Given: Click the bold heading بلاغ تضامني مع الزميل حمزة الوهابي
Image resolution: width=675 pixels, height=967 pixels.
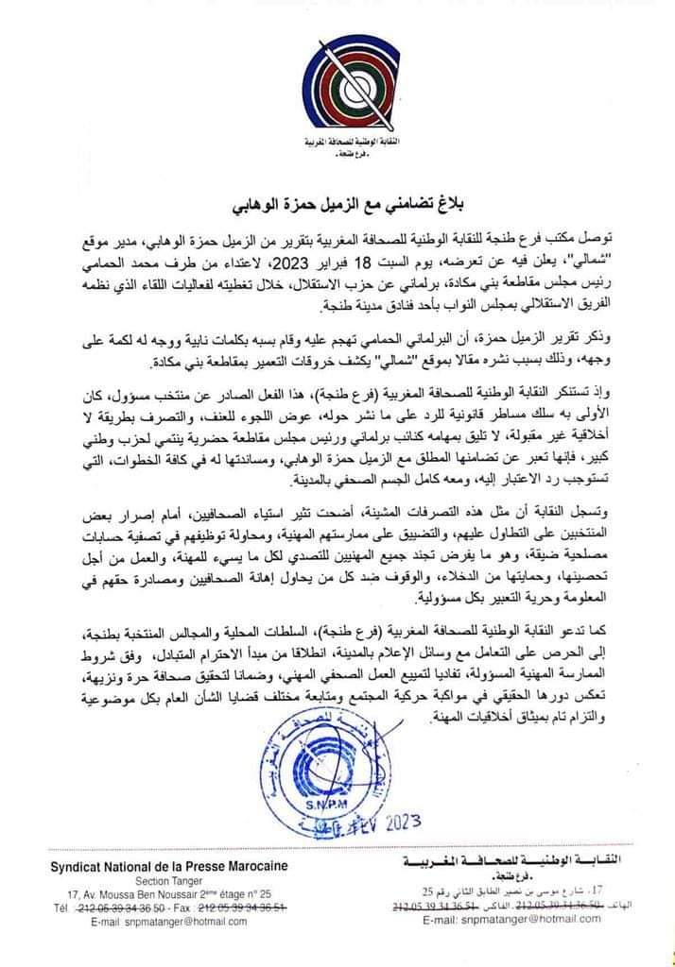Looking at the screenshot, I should point(337,205).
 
